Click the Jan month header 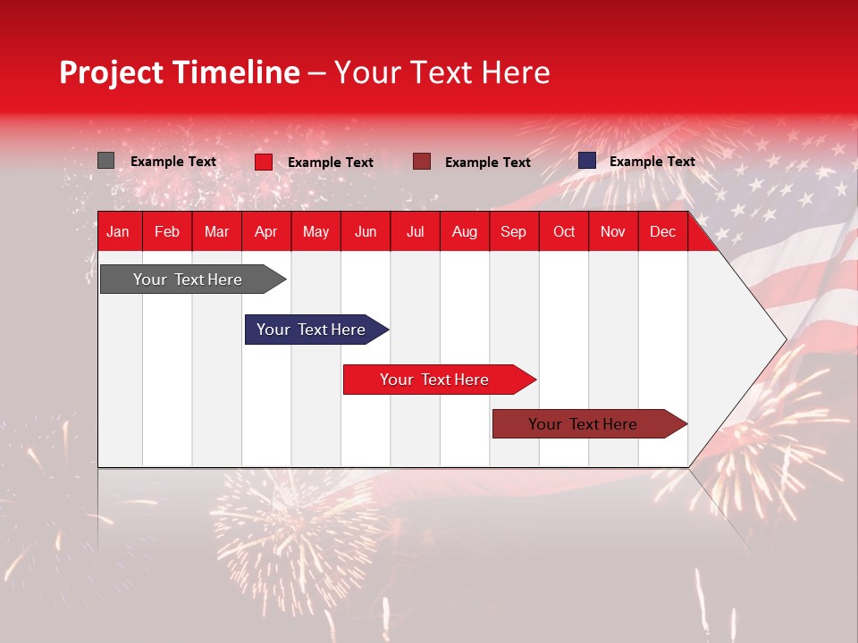[118, 231]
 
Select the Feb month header [167, 231]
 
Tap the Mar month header [216, 231]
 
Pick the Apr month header [266, 231]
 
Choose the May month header [315, 231]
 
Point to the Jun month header [366, 231]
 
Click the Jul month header [415, 231]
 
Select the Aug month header [465, 231]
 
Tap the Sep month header [514, 231]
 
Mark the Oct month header [564, 231]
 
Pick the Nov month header [613, 231]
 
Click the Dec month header [663, 231]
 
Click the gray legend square [106, 161]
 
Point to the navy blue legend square [586, 161]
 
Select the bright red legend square [264, 162]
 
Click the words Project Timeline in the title [180, 72]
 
